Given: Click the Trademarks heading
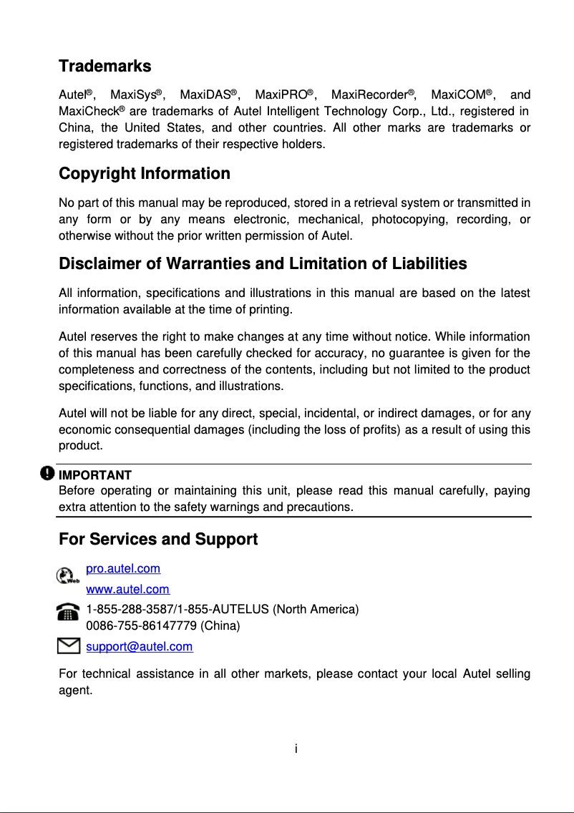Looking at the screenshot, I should (x=104, y=67).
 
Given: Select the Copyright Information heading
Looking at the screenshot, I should (x=144, y=174).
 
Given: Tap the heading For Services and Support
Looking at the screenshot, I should (x=157, y=539).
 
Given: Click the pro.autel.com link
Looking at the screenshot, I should (x=123, y=569).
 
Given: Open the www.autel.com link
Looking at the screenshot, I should (x=127, y=590).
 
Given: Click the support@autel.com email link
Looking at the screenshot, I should (x=139, y=647).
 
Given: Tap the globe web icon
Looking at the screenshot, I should (x=67, y=575).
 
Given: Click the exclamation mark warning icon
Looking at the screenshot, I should (x=47, y=473).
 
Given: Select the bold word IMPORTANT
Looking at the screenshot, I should (x=94, y=475).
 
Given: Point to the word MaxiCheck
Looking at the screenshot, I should (x=88, y=112).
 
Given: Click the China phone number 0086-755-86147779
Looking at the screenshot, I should (x=141, y=626).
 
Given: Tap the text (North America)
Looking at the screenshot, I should (x=316, y=610).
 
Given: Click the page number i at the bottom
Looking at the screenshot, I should (x=296, y=749).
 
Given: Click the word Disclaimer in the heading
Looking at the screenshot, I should (x=100, y=264).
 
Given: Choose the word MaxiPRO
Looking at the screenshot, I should (x=281, y=95).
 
